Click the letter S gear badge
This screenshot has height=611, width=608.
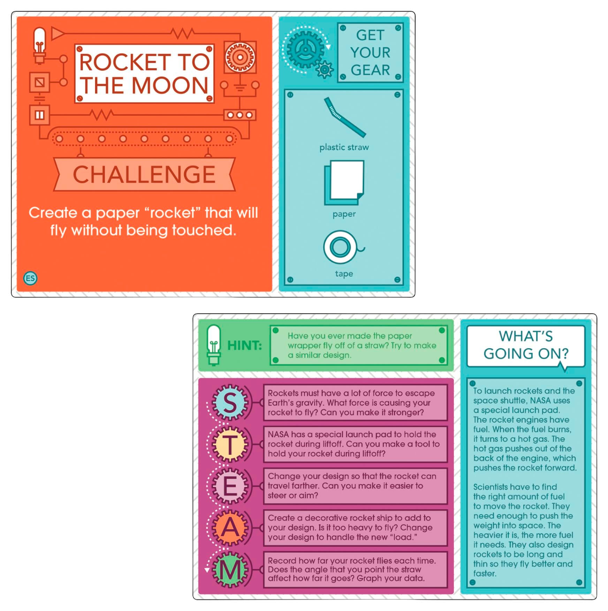tap(230, 402)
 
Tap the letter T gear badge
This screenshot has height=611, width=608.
tap(230, 444)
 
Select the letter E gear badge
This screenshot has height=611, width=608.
tap(230, 486)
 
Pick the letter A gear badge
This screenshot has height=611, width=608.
tap(230, 527)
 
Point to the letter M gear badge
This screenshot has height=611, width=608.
tap(230, 570)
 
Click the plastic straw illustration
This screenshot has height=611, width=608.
tap(344, 117)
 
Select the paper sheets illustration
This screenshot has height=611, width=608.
tap(344, 182)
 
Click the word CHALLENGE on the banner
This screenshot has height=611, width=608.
tap(144, 174)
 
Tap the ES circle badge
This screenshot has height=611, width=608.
tap(30, 278)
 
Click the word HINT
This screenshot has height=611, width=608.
tap(244, 346)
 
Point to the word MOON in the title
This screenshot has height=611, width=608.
tap(170, 86)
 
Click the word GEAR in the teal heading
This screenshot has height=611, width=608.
tap(370, 70)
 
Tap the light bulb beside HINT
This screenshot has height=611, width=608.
tap(214, 345)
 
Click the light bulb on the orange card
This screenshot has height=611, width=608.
tap(39, 46)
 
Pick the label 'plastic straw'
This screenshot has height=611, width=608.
tap(344, 147)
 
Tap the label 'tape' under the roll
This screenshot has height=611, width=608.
tap(344, 274)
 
